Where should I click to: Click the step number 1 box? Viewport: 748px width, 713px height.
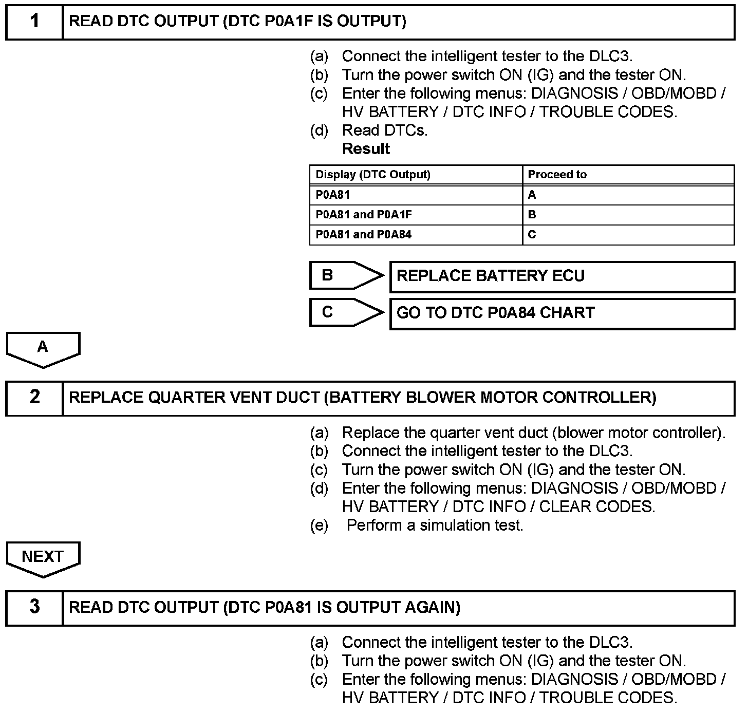(34, 22)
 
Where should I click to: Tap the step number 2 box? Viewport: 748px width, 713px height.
(34, 398)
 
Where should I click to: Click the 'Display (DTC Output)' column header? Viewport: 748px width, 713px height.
(373, 175)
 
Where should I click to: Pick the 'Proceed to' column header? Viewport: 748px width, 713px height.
(557, 175)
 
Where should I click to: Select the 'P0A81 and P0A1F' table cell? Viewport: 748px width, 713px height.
(364, 215)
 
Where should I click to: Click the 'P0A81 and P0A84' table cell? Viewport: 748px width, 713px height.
(364, 235)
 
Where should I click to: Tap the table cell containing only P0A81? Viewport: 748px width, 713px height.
(333, 195)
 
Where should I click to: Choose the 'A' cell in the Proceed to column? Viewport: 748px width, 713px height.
(532, 195)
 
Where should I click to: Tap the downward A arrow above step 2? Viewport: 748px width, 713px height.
(43, 349)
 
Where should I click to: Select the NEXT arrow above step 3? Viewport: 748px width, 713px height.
(43, 558)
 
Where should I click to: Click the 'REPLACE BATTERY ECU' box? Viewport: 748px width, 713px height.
(562, 276)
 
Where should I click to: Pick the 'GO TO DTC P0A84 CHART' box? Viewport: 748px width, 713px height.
(562, 313)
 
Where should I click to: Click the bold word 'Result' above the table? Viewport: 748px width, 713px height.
(366, 149)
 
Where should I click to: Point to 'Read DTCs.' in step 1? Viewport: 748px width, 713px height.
(385, 130)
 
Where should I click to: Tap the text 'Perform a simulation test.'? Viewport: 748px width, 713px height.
(435, 526)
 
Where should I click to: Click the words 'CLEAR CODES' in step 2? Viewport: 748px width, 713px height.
(596, 507)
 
